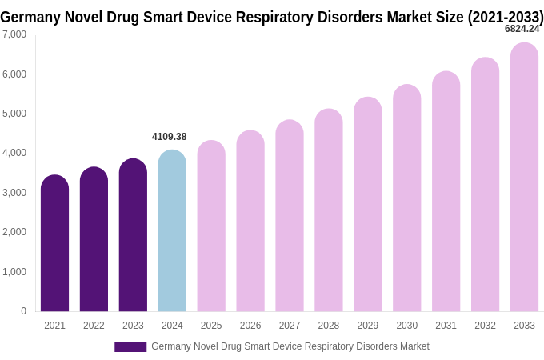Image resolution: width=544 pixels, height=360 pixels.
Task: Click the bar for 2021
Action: click(x=54, y=243)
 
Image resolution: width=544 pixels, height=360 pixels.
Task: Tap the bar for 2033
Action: click(x=524, y=177)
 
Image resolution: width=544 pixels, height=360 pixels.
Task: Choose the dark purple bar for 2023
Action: click(x=133, y=235)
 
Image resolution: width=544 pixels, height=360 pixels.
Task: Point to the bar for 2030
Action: click(x=406, y=198)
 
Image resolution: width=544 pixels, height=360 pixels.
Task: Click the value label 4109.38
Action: click(x=170, y=137)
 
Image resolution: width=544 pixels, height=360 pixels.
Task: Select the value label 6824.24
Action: click(x=522, y=29)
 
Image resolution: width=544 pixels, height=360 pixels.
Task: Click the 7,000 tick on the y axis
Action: click(x=14, y=34)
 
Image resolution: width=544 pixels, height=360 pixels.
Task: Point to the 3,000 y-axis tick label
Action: click(x=14, y=193)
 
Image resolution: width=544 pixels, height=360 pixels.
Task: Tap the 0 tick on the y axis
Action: click(x=23, y=311)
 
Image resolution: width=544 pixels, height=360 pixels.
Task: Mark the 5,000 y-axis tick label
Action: click(x=14, y=114)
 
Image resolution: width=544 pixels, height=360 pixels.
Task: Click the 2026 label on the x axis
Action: click(x=250, y=326)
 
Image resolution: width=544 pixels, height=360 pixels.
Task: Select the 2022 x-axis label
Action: click(x=94, y=326)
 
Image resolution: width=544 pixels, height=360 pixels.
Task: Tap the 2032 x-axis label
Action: click(x=485, y=326)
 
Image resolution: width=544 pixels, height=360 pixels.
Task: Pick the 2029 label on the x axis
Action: click(x=368, y=326)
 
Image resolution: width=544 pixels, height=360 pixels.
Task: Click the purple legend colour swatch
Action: click(x=130, y=347)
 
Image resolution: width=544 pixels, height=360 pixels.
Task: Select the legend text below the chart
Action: click(x=290, y=346)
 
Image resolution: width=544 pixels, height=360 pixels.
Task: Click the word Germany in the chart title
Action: click(x=30, y=17)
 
